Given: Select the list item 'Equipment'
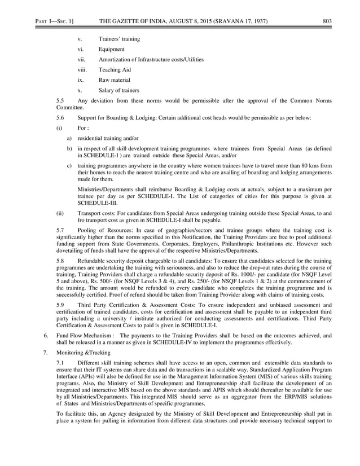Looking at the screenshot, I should coord(111,49).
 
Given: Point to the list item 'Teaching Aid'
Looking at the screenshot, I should coord(115,69).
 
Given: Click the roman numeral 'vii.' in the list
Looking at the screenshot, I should coord(82,59).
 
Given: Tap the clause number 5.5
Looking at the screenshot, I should coord(61,100).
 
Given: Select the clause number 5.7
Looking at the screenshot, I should coord(61,231).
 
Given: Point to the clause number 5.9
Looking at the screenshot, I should coord(61,305).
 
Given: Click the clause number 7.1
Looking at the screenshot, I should coord(61,361).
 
